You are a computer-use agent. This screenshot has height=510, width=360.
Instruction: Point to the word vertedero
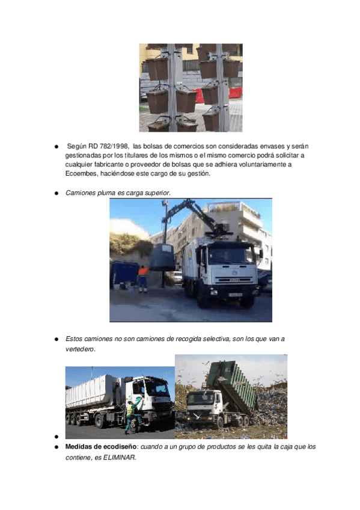[x=79, y=349]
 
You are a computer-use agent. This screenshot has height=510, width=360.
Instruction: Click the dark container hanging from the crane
[x=163, y=257]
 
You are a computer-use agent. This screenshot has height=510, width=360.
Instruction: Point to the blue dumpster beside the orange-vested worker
[x=124, y=274]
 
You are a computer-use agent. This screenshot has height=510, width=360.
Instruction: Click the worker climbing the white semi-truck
[x=133, y=416]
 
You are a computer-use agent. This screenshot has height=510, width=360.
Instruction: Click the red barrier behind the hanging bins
[x=235, y=93]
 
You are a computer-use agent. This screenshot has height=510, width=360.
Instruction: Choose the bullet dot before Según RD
[x=57, y=147]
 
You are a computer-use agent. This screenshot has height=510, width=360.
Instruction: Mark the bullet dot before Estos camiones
[x=57, y=339]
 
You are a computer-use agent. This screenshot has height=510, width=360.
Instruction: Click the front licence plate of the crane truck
[x=235, y=295]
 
